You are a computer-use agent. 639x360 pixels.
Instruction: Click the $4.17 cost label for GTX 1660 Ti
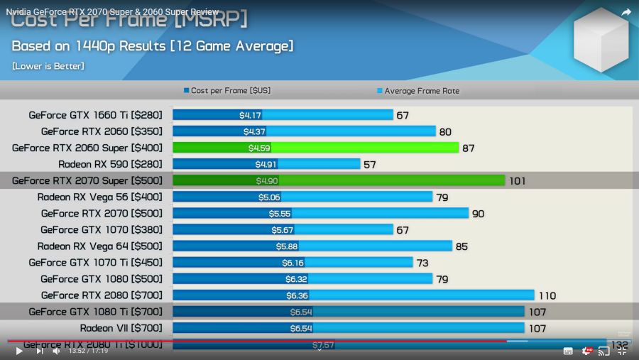tap(250, 115)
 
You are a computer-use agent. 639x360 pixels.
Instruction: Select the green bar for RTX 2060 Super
tap(355, 148)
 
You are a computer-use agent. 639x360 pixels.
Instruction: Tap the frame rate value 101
tap(517, 181)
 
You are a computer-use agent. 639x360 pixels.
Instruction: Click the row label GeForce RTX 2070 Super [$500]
tap(87, 180)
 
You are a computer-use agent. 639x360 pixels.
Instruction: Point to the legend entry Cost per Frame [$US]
tap(226, 91)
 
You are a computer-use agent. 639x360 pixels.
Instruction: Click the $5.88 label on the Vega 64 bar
tap(287, 246)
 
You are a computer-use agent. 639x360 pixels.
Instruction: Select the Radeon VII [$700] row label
tap(121, 328)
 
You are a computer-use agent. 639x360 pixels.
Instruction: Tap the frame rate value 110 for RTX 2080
tap(547, 296)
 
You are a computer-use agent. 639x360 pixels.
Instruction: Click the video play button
tap(19, 351)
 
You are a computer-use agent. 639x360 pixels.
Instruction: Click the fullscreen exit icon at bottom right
tap(622, 351)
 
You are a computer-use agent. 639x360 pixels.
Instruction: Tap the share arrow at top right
tap(626, 12)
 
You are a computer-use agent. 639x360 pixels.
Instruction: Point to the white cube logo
tap(601, 40)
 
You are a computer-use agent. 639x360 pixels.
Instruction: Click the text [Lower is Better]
tap(48, 66)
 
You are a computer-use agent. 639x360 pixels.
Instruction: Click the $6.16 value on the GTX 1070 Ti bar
tap(293, 263)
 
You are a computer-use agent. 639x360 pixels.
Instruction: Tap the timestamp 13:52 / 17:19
tap(88, 351)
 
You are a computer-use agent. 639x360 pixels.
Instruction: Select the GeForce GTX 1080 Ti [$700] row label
tap(95, 312)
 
